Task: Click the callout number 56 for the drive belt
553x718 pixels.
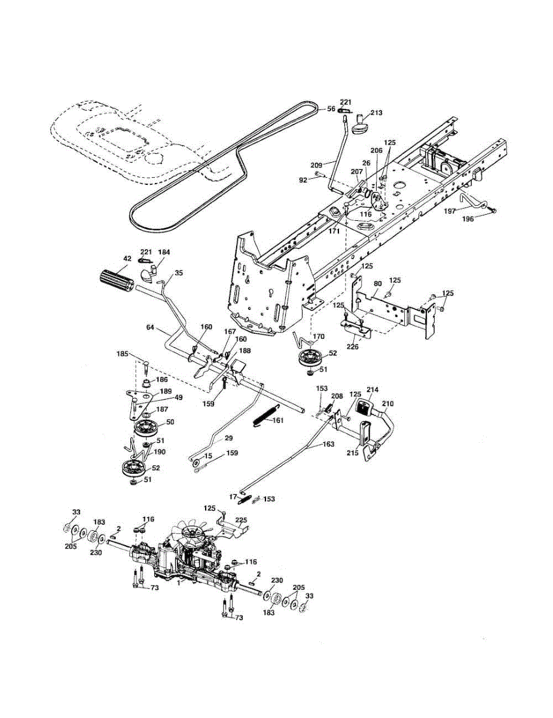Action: [331, 109]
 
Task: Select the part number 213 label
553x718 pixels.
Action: [376, 112]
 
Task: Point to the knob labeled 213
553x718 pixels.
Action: [359, 126]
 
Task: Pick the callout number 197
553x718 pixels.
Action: [450, 211]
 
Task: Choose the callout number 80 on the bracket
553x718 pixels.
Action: [377, 284]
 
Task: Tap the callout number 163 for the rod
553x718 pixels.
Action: [328, 445]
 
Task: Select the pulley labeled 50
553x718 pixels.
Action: [145, 428]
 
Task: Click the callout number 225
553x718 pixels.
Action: [241, 519]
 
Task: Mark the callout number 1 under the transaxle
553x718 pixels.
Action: [178, 580]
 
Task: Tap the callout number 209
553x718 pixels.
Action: [317, 164]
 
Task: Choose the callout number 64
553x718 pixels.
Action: [150, 327]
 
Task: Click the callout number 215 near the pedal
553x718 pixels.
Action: [353, 454]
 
